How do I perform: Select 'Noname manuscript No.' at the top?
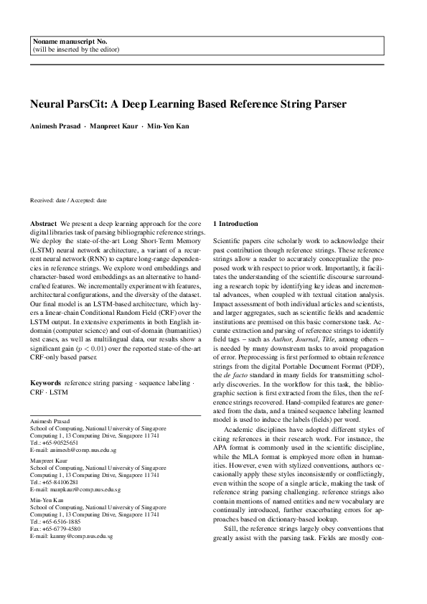[65, 42]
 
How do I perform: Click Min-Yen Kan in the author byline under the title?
[169, 126]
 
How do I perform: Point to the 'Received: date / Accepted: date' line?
[68, 202]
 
